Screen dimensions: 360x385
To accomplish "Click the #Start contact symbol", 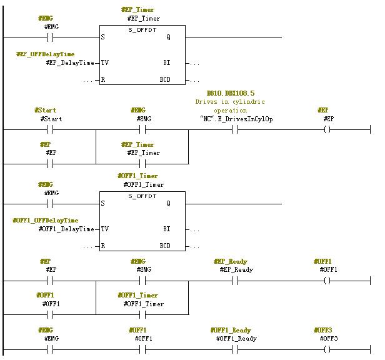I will click(50, 130).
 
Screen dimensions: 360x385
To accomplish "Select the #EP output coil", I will click(327, 130).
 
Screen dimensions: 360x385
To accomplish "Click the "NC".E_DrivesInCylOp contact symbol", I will click(236, 130).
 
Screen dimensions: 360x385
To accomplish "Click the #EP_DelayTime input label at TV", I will click(70, 63).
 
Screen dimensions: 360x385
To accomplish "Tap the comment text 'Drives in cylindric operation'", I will click(229, 106).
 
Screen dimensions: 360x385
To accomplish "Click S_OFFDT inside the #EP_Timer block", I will click(142, 30).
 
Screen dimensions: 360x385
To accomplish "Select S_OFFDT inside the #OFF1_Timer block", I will click(142, 196).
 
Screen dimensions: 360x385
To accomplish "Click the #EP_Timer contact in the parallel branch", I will click(142, 164).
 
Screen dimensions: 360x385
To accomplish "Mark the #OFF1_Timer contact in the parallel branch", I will click(142, 315).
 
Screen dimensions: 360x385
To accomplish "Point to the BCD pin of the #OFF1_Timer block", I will click(165, 246).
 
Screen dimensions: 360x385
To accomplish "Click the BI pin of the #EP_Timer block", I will click(167, 63).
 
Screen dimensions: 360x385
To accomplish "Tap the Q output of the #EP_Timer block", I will click(167, 37).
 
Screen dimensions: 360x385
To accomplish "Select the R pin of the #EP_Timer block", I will click(103, 80).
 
